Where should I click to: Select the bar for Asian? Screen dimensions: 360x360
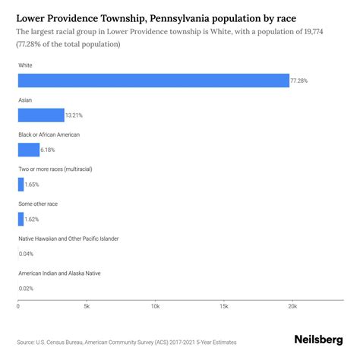(x=41, y=115)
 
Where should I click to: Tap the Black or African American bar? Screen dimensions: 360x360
(x=29, y=150)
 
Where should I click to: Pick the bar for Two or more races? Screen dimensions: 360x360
(x=21, y=185)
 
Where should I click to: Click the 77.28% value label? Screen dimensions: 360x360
(x=300, y=81)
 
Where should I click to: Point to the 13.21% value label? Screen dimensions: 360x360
(x=74, y=115)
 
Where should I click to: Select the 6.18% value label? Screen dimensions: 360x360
(x=49, y=150)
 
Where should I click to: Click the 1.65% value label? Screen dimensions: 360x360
(x=33, y=185)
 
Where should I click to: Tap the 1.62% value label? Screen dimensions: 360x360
(x=33, y=219)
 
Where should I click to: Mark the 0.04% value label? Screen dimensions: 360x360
(x=27, y=254)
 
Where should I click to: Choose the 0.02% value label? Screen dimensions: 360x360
(x=27, y=288)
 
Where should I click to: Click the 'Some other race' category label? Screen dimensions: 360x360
(x=38, y=204)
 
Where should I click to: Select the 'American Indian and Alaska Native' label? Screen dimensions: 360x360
(x=59, y=273)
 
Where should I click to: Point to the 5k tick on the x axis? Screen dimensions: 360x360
(x=87, y=307)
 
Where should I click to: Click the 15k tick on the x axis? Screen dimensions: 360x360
(x=224, y=307)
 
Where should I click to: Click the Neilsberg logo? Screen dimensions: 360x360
(x=318, y=341)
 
